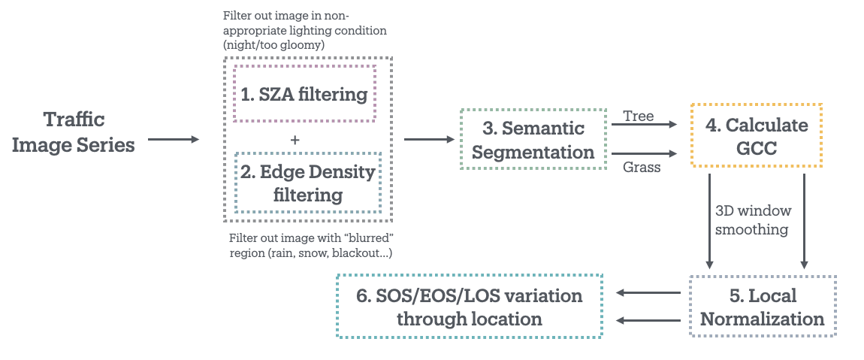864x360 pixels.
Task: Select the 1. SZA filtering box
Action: click(x=304, y=94)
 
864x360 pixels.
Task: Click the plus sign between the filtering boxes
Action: click(x=295, y=140)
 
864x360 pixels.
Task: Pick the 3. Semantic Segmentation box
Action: click(x=533, y=139)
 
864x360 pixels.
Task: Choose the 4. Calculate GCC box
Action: click(x=757, y=135)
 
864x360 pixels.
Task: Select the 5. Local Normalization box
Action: click(x=762, y=306)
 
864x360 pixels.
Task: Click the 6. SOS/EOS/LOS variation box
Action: click(x=470, y=306)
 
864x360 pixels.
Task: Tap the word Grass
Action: click(x=642, y=167)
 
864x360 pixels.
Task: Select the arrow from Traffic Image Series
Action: click(x=174, y=139)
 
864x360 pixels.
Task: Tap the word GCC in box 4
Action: click(x=757, y=148)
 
